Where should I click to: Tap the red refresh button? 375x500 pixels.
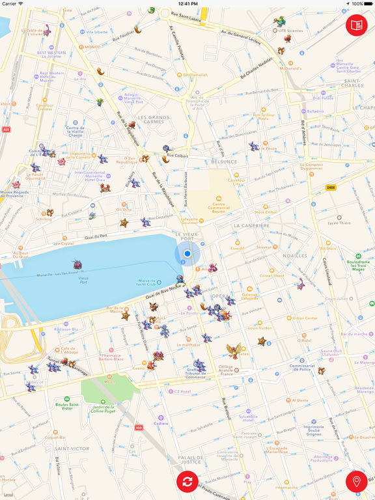click(x=187, y=482)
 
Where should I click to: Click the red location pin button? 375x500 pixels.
click(x=356, y=482)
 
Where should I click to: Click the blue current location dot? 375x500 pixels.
click(x=187, y=254)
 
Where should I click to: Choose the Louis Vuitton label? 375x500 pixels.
click(x=260, y=327)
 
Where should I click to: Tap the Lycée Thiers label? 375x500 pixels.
click(x=339, y=223)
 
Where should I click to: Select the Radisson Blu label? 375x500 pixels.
click(x=66, y=329)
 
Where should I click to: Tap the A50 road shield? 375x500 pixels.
click(x=138, y=428)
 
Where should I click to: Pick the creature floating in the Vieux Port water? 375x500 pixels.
click(x=77, y=265)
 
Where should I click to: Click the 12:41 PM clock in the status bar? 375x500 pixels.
click(x=187, y=4)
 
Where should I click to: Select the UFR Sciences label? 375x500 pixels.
click(x=290, y=30)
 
